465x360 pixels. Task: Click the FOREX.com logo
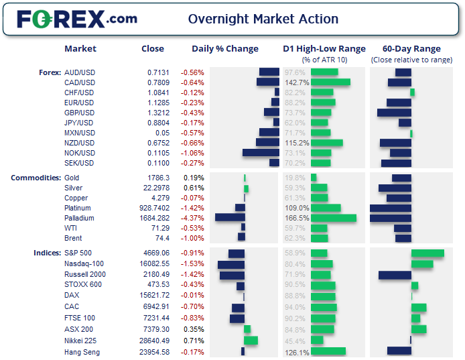pyautogui.click(x=77, y=19)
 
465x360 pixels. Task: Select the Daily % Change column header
pyautogui.click(x=224, y=49)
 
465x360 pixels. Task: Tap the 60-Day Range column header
pyautogui.click(x=411, y=49)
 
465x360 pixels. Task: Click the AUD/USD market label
pyautogui.click(x=79, y=72)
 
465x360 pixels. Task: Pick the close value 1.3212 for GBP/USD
pyautogui.click(x=159, y=113)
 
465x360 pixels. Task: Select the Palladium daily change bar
pyautogui.click(x=230, y=218)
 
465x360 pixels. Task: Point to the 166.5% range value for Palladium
pyautogui.click(x=297, y=218)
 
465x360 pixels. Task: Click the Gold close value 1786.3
pyautogui.click(x=158, y=178)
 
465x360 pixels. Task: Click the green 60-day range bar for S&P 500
pyautogui.click(x=427, y=253)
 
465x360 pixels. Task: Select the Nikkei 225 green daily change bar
pyautogui.click(x=251, y=341)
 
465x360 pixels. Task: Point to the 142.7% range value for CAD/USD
pyautogui.click(x=297, y=82)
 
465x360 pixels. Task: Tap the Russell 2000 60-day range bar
pyautogui.click(x=395, y=275)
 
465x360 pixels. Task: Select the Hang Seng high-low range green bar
pyautogui.click(x=328, y=351)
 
